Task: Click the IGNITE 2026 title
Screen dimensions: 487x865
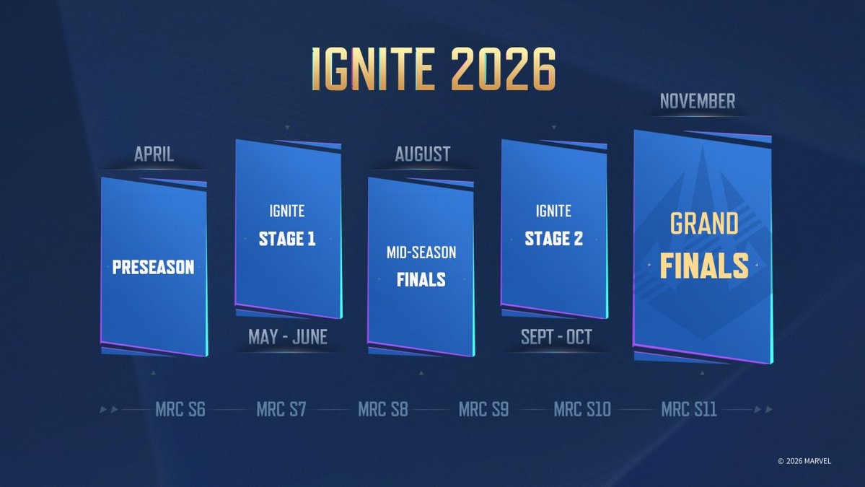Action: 433,70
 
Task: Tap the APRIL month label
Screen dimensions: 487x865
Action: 154,154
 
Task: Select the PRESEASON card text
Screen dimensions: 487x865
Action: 153,268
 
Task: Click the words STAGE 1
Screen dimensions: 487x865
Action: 287,239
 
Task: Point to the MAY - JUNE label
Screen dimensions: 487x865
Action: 287,337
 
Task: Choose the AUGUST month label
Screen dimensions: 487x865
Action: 422,154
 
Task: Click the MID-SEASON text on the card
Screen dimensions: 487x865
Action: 421,253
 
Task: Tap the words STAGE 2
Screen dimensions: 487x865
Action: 553,239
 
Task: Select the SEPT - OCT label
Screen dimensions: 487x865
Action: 556,337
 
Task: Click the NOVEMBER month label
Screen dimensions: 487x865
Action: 698,102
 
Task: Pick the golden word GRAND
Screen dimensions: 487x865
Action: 703,224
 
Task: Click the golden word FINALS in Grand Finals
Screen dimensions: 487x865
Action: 703,266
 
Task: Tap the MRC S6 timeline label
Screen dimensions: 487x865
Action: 180,410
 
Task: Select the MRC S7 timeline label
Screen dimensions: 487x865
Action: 281,410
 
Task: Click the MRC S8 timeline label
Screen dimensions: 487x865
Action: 383,410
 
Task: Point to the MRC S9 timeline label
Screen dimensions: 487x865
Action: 483,410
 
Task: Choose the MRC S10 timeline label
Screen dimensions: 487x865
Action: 582,410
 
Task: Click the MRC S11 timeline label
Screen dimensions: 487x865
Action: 688,410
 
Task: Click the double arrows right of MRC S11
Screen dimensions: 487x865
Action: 763,410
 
